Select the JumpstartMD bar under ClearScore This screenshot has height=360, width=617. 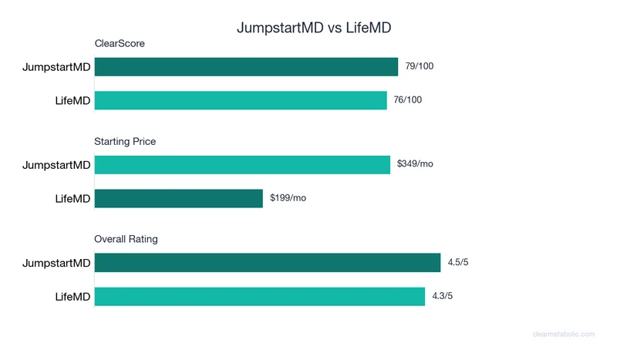coord(246,67)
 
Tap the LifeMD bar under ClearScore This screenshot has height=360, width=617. coord(241,100)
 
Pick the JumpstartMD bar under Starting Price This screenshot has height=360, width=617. coord(242,165)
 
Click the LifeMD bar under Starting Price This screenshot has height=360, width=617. coord(179,198)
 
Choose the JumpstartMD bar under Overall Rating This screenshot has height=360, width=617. coord(268,263)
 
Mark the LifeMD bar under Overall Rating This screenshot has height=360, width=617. coord(260,296)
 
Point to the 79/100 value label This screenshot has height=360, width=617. coord(420,66)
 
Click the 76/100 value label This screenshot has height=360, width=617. coord(408,99)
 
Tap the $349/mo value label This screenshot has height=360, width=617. coord(415,163)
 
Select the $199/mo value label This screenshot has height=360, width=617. coord(288,197)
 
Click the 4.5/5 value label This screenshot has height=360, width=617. coord(458,262)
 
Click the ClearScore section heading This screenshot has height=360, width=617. coord(120,44)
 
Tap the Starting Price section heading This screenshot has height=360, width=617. coord(125,142)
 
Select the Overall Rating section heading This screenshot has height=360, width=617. coord(126,239)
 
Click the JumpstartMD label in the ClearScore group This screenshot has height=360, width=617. coord(56,67)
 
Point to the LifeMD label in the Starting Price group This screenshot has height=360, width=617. coord(72,198)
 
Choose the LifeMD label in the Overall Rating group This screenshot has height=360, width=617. coord(72,296)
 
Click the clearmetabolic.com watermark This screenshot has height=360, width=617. coord(564,334)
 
